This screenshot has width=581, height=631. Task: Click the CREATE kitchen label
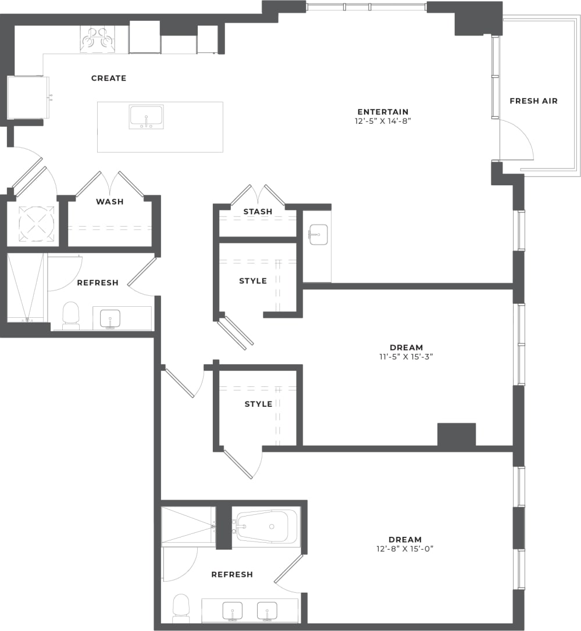(109, 78)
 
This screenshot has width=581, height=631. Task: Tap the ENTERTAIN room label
(383, 112)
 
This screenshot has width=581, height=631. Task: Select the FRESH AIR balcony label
(533, 101)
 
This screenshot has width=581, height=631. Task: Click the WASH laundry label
(110, 202)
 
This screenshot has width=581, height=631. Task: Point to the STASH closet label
(258, 211)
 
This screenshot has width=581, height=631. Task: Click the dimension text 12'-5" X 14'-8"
(383, 121)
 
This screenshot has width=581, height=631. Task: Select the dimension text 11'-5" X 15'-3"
(407, 357)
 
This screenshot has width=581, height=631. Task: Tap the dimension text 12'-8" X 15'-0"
(405, 548)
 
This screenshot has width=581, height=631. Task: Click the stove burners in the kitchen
(97, 39)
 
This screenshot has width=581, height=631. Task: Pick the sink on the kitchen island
(146, 117)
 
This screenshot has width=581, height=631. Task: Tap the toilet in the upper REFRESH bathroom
(70, 315)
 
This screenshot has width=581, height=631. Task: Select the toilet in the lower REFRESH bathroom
(181, 608)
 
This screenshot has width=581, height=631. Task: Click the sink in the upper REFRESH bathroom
(110, 318)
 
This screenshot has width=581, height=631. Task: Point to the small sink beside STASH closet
(318, 234)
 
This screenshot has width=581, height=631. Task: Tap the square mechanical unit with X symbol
(36, 223)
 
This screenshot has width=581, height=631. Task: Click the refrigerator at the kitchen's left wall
(27, 98)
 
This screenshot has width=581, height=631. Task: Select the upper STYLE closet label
(253, 281)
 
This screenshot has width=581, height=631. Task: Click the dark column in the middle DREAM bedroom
(456, 435)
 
